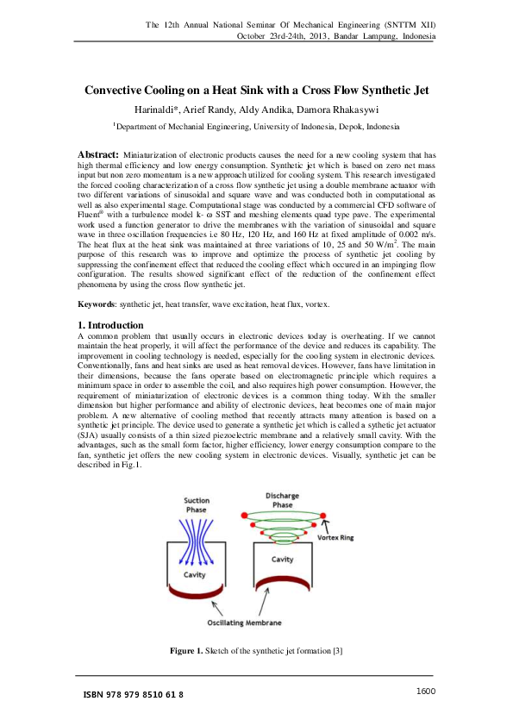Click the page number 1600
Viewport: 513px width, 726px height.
click(x=426, y=691)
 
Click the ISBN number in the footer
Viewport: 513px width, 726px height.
click(x=133, y=694)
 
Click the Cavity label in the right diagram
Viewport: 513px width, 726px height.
click(x=283, y=559)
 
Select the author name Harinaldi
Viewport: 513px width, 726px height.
click(x=158, y=110)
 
